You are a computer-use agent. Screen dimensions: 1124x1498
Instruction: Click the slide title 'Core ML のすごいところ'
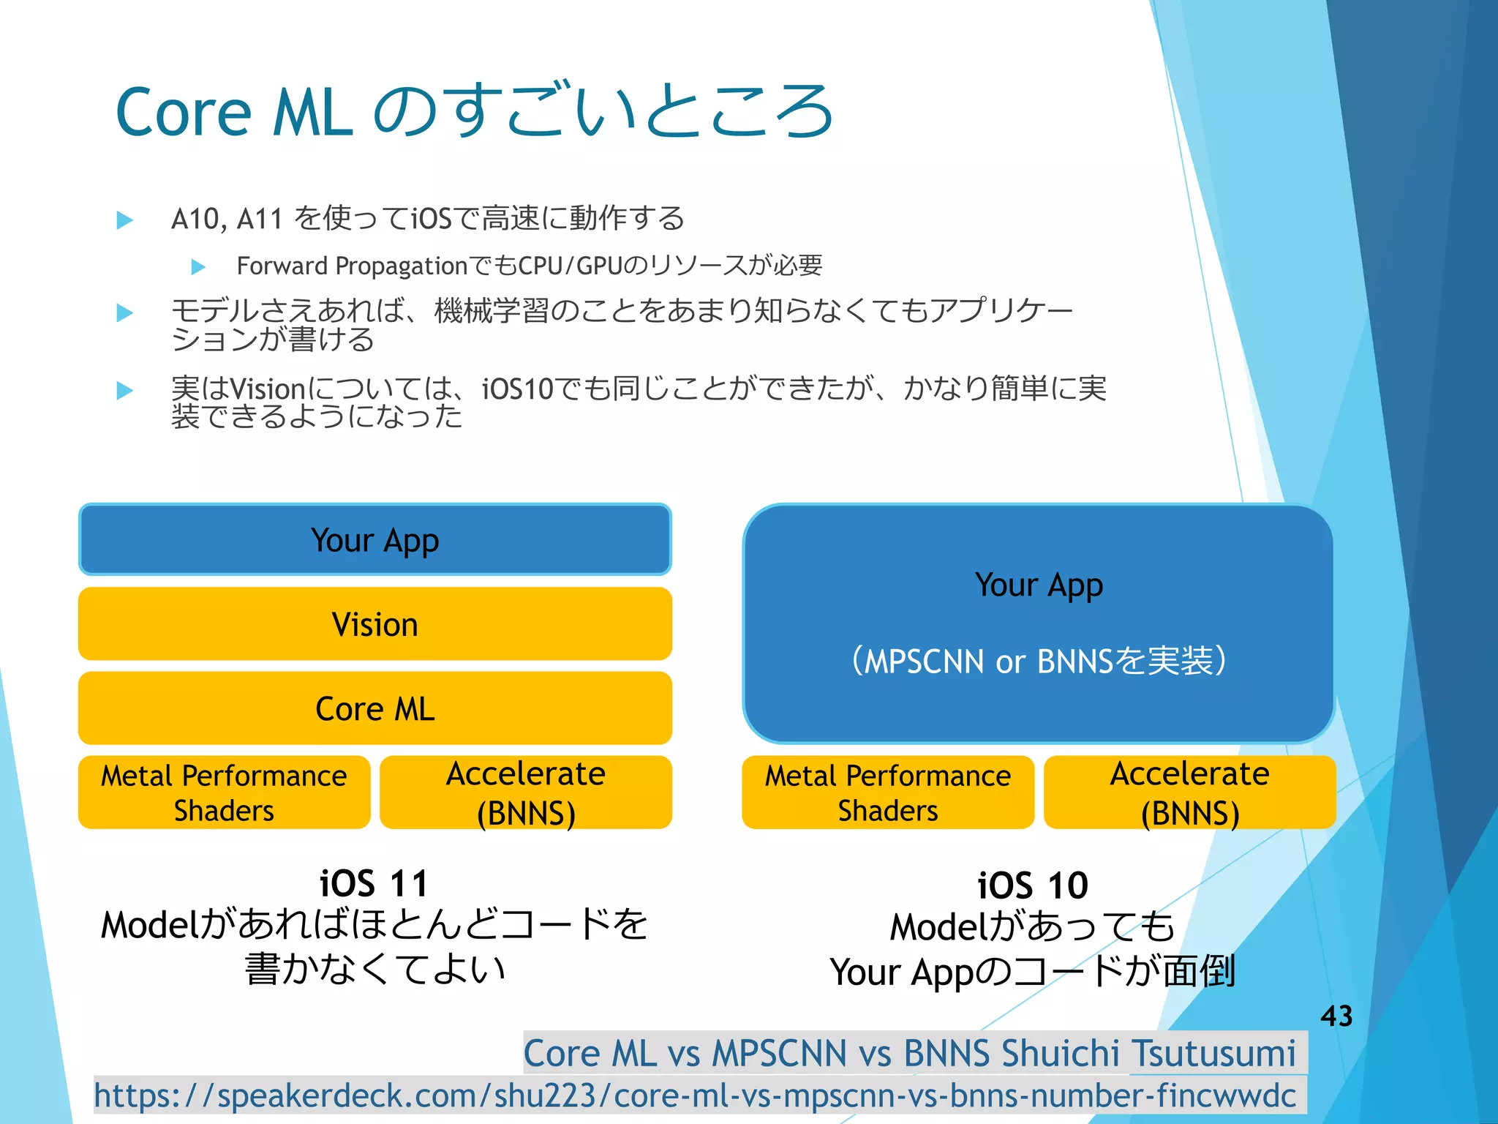click(x=474, y=112)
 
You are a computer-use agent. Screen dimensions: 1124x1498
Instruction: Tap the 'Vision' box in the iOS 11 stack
click(x=374, y=624)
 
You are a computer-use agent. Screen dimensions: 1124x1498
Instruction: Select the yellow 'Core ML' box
click(x=374, y=708)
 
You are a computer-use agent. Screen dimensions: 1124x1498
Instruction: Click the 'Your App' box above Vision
click(x=374, y=540)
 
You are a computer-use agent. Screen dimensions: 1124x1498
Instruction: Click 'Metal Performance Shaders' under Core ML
click(x=224, y=793)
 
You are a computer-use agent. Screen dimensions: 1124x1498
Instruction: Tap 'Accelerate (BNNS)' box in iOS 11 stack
click(x=526, y=793)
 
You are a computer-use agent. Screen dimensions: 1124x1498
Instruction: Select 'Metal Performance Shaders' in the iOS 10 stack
click(x=887, y=793)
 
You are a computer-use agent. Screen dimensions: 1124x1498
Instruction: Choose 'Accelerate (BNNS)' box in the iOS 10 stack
click(x=1189, y=793)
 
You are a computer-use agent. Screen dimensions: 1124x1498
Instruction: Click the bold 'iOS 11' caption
click(x=374, y=883)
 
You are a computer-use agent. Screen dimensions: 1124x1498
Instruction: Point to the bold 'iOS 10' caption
click(x=1033, y=885)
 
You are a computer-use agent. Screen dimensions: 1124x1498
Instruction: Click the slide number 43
click(x=1336, y=1016)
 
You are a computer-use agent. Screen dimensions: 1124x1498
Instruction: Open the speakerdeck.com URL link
click(x=695, y=1095)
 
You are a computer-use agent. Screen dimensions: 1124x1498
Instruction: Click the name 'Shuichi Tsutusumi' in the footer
click(x=1148, y=1054)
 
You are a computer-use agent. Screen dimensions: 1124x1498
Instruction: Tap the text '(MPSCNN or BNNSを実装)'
click(x=1039, y=661)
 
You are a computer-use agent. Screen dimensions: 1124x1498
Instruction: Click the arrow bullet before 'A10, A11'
click(x=125, y=220)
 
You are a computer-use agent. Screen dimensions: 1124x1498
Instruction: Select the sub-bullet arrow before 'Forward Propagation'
click(x=198, y=267)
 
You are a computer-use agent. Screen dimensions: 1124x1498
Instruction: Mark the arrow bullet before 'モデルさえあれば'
click(x=125, y=313)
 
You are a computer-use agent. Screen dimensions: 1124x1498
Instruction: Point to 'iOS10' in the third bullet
click(x=518, y=389)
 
